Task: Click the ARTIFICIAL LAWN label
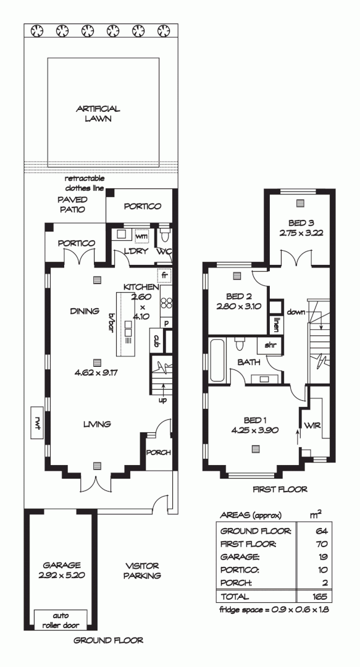point(98,114)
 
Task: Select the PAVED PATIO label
point(72,204)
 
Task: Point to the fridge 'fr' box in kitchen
point(165,275)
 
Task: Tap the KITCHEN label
point(141,287)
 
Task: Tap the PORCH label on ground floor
point(157,453)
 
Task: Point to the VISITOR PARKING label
point(142,571)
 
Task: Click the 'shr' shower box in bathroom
point(270,345)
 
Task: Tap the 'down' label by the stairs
point(296,313)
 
